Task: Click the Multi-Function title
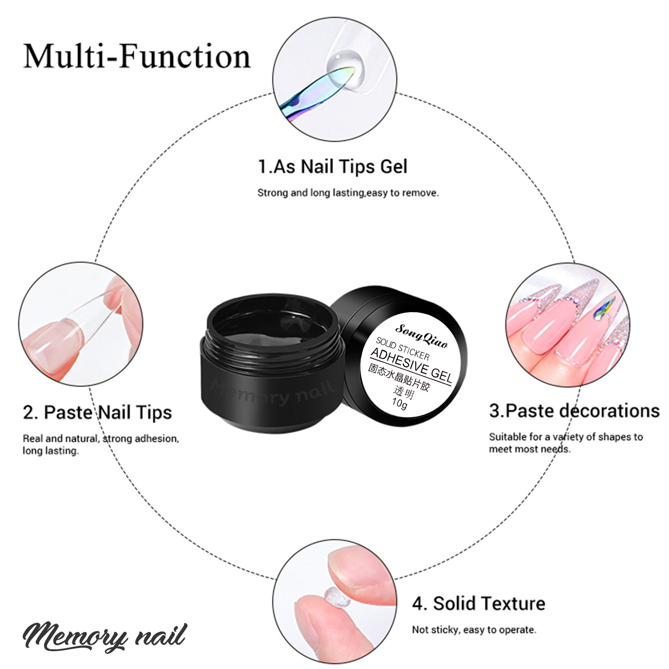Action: coord(137,57)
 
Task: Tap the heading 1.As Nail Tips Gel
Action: coord(333,167)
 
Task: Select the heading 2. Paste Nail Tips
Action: coord(97,412)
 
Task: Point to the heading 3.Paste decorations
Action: coord(574,411)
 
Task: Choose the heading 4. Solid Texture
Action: coord(479,603)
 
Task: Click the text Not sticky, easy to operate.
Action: coord(474,630)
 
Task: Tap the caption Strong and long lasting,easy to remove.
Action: coord(348,193)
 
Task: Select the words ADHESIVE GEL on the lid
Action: coord(412,366)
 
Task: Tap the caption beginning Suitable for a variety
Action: coord(566,443)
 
